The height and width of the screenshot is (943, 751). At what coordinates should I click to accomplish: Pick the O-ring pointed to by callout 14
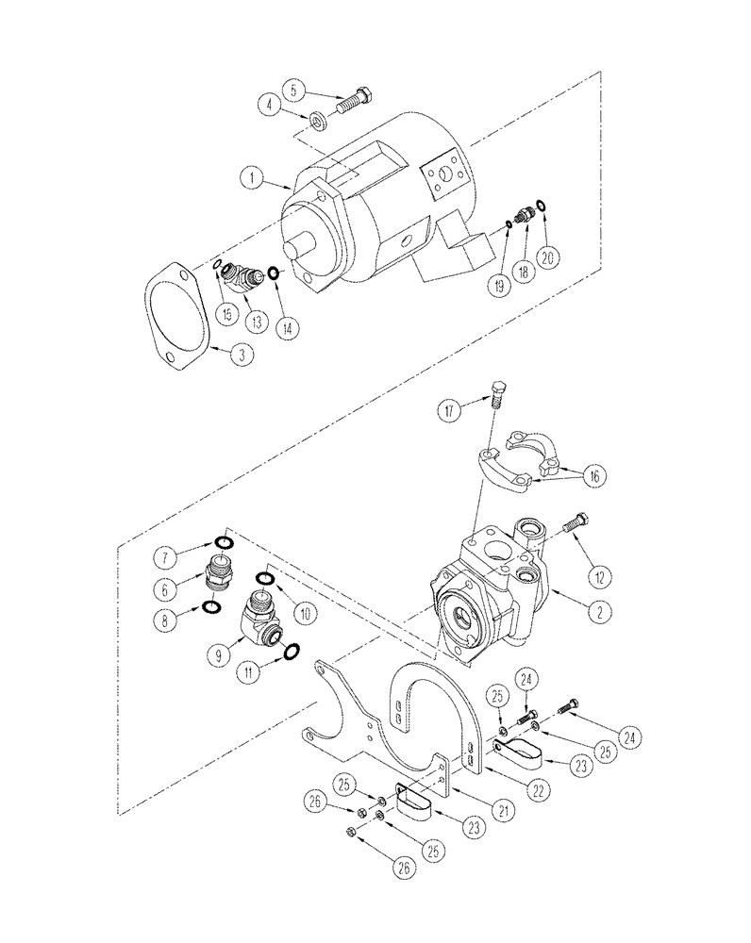coord(273,273)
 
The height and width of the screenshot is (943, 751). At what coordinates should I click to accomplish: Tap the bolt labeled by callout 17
coord(500,392)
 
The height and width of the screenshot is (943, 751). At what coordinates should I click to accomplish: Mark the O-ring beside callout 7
coord(222,542)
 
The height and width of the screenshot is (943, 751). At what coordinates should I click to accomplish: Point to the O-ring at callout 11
coord(292,650)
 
